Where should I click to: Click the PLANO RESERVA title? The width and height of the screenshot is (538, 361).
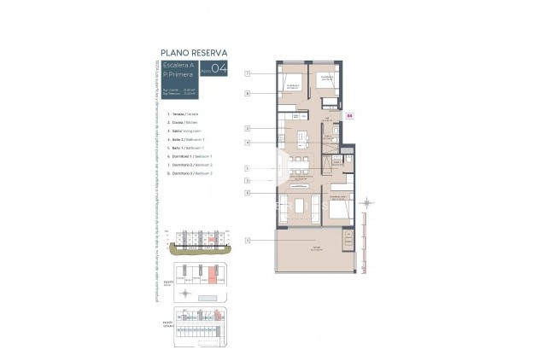[x=193, y=52]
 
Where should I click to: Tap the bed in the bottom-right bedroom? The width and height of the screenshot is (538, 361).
[x=337, y=207]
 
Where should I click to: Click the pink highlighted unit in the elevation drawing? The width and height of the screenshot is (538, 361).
[x=205, y=242]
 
